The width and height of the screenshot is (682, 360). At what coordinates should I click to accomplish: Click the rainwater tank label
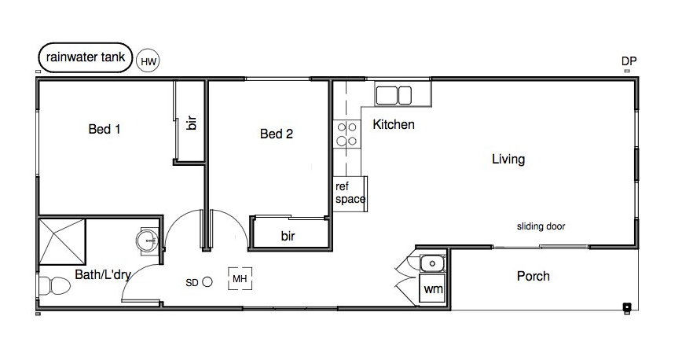click(85, 57)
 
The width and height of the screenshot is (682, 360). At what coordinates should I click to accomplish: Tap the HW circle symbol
click(148, 61)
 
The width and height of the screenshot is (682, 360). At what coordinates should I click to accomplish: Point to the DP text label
click(629, 61)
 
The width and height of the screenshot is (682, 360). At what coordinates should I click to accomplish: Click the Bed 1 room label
click(104, 129)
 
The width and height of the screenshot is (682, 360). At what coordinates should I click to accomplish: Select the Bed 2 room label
click(277, 134)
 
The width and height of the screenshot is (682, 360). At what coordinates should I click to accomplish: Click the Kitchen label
click(394, 124)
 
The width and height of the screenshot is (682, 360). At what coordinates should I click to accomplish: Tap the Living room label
click(508, 160)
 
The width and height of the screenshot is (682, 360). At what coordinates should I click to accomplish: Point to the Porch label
click(533, 276)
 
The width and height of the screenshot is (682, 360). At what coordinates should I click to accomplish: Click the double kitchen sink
click(394, 95)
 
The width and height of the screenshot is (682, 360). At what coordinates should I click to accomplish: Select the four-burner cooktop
click(347, 134)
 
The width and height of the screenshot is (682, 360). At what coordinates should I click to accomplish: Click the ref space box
click(350, 193)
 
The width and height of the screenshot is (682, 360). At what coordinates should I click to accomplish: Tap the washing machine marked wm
click(432, 288)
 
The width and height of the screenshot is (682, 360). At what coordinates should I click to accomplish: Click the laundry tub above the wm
click(432, 263)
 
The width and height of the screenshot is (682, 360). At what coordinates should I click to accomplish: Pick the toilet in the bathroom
click(54, 286)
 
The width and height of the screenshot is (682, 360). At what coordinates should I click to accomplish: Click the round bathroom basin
click(148, 241)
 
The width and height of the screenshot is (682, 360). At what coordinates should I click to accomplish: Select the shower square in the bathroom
click(62, 242)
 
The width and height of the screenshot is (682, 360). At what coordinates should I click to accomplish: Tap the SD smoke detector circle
click(207, 282)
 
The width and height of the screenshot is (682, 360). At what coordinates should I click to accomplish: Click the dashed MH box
click(240, 278)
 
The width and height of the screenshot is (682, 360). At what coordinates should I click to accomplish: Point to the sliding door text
click(541, 226)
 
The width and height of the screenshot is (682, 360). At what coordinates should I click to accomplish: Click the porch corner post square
click(626, 307)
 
